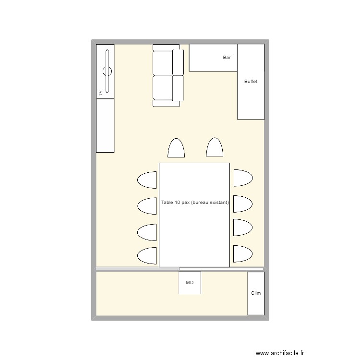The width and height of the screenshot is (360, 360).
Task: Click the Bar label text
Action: point(227,58)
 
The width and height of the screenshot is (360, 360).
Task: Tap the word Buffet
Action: point(251,82)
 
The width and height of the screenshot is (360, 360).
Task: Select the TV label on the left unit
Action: point(100,93)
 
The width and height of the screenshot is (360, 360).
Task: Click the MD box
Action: point(190,283)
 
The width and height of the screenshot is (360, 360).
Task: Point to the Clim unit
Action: point(256,293)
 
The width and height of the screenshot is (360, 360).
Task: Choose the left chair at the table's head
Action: point(176,148)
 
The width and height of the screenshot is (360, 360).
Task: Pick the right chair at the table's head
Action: point(215,148)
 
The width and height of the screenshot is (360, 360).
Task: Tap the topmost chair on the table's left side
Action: point(148,180)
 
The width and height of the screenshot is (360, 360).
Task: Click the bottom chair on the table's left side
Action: point(148,255)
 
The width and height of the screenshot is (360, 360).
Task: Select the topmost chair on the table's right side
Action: point(243,178)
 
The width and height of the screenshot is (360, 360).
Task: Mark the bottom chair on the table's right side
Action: point(243,253)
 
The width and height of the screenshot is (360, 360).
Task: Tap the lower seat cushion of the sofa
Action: point(163,87)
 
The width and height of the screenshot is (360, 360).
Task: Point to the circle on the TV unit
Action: point(107,72)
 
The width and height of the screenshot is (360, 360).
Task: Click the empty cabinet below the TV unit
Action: point(105,125)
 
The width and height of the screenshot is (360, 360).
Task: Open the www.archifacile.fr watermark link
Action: point(280,353)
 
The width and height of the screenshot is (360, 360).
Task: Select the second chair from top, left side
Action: point(148,206)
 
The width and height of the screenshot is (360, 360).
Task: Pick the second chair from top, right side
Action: point(243,204)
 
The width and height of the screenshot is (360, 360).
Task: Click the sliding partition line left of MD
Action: point(138,269)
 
